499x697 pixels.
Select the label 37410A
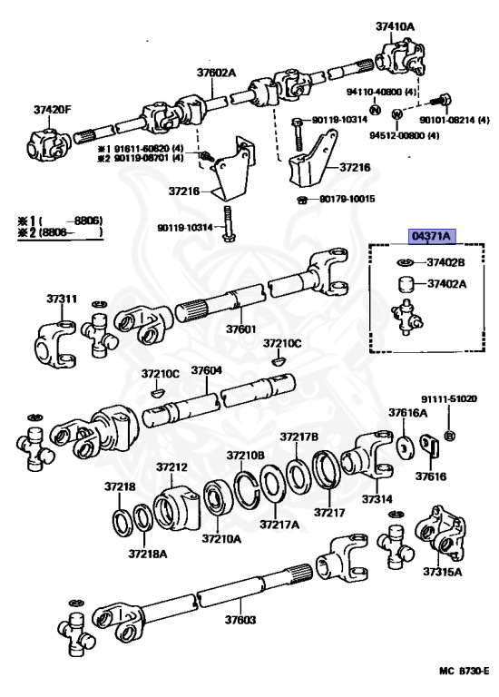[x=395, y=26]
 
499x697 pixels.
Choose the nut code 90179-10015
[x=343, y=199]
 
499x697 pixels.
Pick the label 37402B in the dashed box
[x=446, y=262]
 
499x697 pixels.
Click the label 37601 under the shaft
[x=240, y=329]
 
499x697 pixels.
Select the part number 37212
[x=171, y=467]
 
